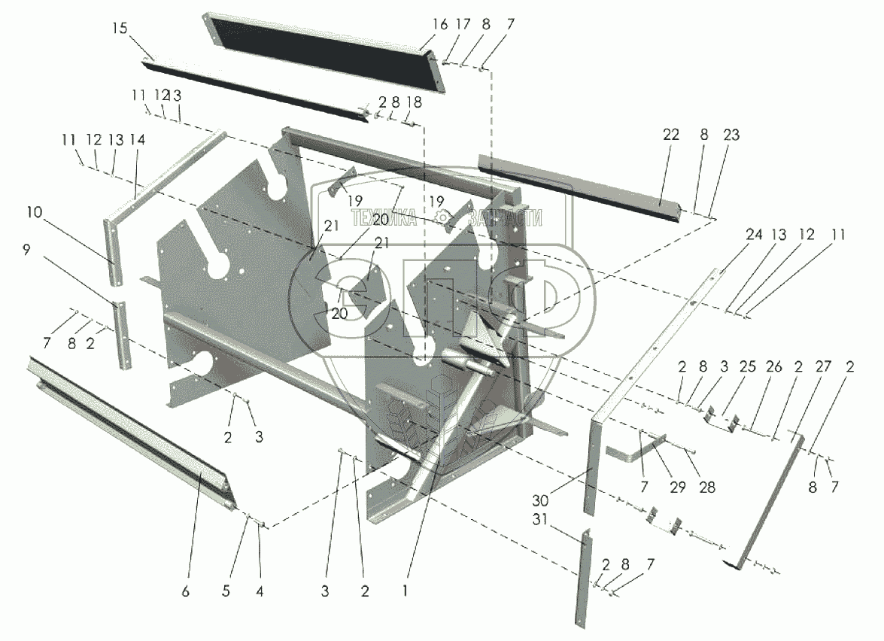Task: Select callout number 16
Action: [x=439, y=25]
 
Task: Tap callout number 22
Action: [x=671, y=135]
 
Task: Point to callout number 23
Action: [x=731, y=135]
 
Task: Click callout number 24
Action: [x=753, y=235]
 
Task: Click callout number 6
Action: [x=185, y=591]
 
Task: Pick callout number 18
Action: [x=414, y=102]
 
